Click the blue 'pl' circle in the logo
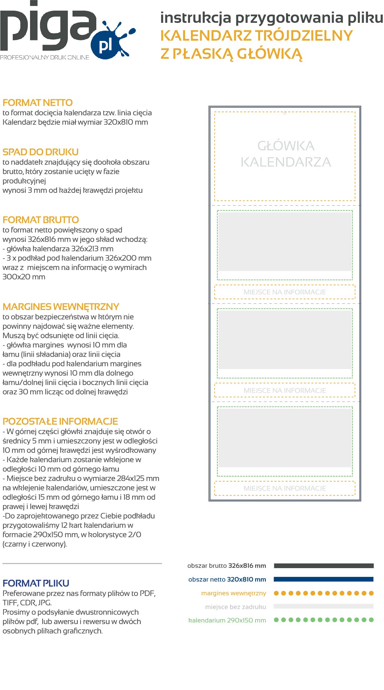click(105, 45)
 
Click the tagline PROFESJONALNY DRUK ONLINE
click(45, 57)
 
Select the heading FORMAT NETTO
click(38, 103)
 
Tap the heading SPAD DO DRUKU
click(41, 152)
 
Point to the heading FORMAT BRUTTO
click(41, 220)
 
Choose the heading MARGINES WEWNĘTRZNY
click(61, 307)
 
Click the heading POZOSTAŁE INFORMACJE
click(60, 422)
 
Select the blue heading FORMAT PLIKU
click(36, 583)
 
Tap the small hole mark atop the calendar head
click(285, 113)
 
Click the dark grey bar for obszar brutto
click(324, 566)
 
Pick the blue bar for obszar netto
click(324, 579)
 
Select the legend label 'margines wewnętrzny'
click(234, 593)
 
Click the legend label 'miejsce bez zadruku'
click(235, 607)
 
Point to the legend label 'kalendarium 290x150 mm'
click(227, 621)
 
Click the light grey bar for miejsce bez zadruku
click(324, 607)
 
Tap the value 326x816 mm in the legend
click(247, 566)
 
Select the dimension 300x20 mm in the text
click(24, 277)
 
